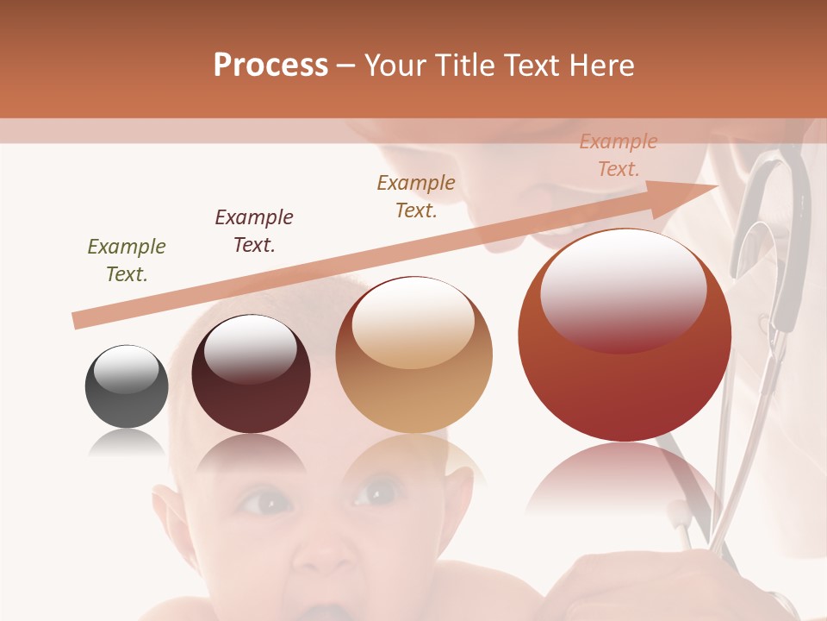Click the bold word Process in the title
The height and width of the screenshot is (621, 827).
pyautogui.click(x=270, y=66)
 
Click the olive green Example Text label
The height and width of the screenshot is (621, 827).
pyautogui.click(x=127, y=260)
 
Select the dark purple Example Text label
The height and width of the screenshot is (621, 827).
pyautogui.click(x=254, y=230)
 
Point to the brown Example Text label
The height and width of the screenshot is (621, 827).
pyautogui.click(x=416, y=196)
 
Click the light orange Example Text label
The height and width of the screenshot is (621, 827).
pyautogui.click(x=619, y=155)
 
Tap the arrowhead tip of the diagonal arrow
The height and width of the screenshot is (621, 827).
pyautogui.click(x=717, y=186)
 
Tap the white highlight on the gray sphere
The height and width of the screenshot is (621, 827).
pyautogui.click(x=126, y=368)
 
